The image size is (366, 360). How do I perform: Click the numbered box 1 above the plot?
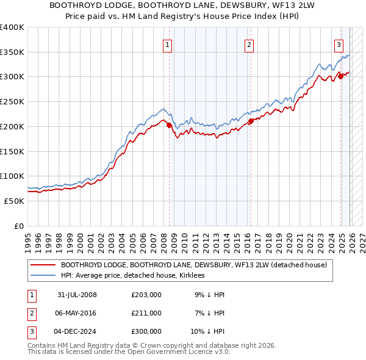tap(167, 44)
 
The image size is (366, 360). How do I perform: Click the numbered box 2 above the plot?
tap(249, 44)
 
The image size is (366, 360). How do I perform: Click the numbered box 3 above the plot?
tap(339, 44)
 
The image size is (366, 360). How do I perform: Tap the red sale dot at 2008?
tap(169, 125)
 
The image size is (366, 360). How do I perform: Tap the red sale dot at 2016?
tap(251, 121)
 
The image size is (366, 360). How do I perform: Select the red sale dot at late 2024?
tap(340, 76)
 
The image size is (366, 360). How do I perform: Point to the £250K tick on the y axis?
tap(12, 101)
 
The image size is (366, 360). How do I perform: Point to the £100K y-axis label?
tap(12, 176)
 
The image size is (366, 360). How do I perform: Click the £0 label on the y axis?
tap(18, 226)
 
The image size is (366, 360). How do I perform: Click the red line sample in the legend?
tap(43, 265)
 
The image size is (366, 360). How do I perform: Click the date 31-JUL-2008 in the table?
tap(77, 295)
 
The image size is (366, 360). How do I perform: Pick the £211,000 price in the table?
tap(146, 313)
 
